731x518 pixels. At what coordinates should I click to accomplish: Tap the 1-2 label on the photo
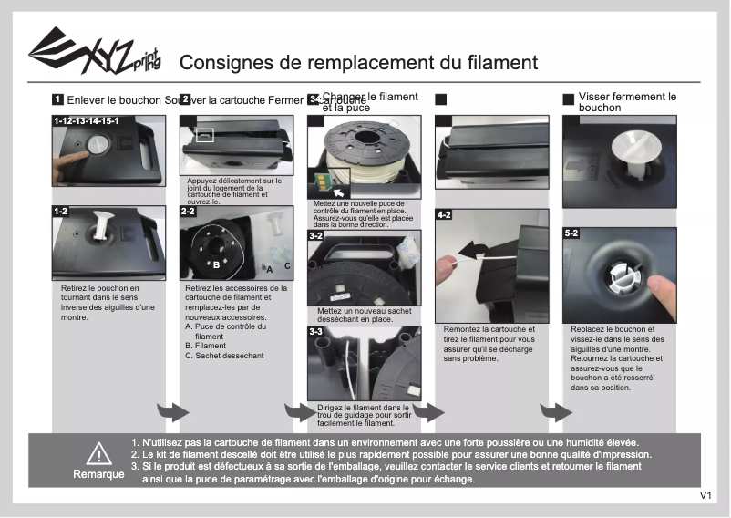61,212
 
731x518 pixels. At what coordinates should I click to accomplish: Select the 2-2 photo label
188,212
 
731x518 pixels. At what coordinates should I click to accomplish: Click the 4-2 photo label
444,215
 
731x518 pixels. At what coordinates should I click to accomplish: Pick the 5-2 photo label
571,233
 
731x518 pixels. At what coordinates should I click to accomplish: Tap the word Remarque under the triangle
98,475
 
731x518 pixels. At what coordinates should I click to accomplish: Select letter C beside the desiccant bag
287,265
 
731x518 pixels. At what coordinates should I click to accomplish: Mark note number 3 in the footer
135,466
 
